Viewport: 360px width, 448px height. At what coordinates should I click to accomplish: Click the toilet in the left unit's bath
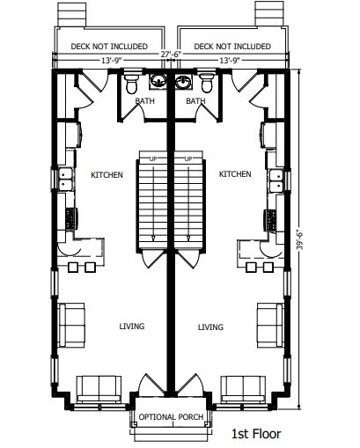131,84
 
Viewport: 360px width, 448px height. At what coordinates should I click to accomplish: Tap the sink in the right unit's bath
184,81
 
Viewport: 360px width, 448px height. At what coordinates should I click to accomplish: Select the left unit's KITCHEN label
107,175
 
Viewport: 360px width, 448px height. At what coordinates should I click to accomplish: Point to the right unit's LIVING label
210,327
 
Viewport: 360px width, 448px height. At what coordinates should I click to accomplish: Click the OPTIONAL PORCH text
171,417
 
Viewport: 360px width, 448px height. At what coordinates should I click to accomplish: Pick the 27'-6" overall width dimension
171,54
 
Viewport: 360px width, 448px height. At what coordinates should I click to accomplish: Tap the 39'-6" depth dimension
299,239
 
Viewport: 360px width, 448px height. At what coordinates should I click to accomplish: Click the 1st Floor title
256,434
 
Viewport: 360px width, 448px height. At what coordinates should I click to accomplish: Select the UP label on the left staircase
153,158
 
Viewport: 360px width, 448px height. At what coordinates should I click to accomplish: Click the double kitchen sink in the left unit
66,180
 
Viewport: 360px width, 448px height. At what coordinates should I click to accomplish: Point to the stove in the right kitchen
271,220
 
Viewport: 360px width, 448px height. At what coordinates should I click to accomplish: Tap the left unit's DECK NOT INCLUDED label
109,47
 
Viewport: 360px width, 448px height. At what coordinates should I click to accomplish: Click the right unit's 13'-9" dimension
230,61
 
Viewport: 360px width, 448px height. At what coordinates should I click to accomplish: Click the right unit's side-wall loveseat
270,325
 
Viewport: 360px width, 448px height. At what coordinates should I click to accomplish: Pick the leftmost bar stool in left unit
73,268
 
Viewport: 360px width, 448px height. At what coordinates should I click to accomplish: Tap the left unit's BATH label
144,101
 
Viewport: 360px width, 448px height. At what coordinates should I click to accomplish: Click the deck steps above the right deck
269,14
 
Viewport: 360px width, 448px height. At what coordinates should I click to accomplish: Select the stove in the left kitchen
71,218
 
